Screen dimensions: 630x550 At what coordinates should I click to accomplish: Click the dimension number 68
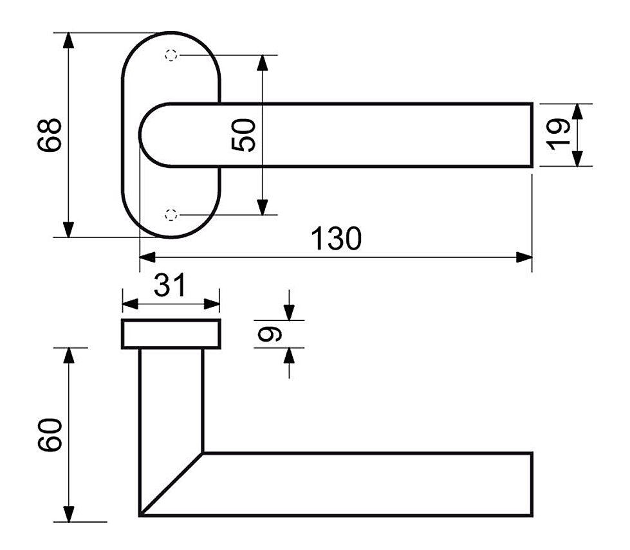(x=50, y=135)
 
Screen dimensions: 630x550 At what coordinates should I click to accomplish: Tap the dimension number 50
(x=243, y=135)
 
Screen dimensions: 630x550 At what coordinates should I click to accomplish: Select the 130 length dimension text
(x=337, y=239)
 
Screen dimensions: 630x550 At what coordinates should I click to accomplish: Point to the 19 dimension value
(x=558, y=134)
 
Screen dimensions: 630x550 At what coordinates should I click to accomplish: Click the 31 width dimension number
(x=170, y=285)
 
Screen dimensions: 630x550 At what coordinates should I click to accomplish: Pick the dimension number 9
(x=270, y=334)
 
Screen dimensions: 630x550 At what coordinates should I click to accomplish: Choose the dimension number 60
(x=50, y=435)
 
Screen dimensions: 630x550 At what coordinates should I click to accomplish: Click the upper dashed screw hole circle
(x=171, y=55)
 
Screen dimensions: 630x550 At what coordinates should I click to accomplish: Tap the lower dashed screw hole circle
(x=171, y=215)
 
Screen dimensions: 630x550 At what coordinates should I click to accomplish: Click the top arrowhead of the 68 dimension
(x=69, y=41)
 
